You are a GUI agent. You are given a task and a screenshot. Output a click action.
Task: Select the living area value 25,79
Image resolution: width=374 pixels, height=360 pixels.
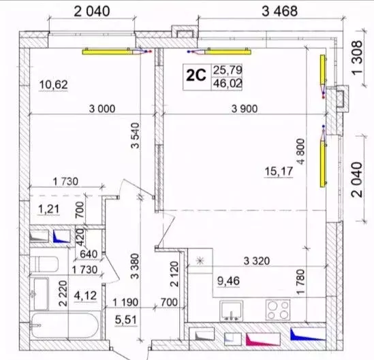pos(228,69)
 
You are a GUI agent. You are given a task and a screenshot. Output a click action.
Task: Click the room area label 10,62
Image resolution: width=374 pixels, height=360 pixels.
pos(54,85)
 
